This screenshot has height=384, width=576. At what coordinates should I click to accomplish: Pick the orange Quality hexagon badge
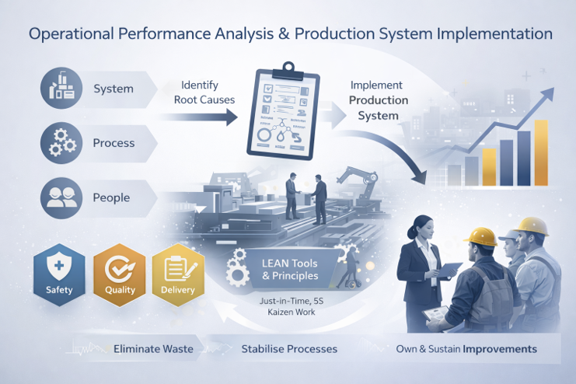pyautogui.click(x=114, y=274)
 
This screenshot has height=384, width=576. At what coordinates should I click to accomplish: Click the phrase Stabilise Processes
pyautogui.click(x=289, y=349)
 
